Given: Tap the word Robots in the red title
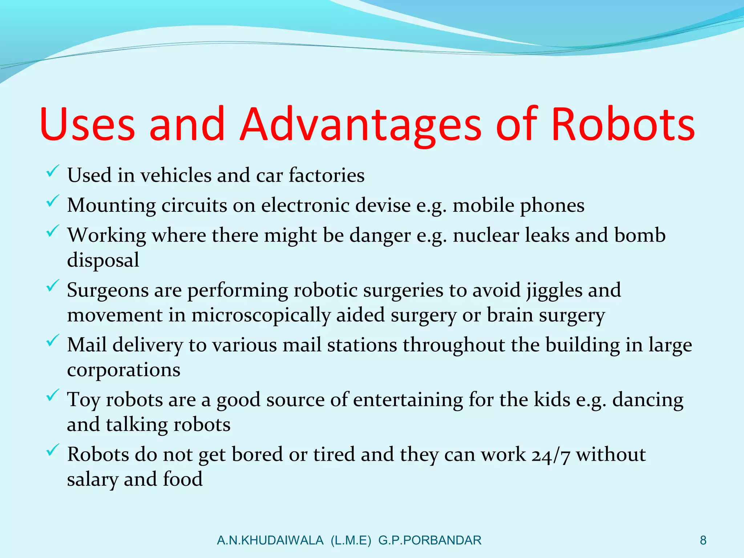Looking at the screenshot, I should [x=623, y=124].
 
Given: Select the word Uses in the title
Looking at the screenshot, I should [x=87, y=124].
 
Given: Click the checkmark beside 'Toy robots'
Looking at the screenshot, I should [x=53, y=395].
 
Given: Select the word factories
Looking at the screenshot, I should [x=327, y=175].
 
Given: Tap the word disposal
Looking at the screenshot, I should [x=103, y=260].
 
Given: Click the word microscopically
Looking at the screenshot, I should [x=260, y=315].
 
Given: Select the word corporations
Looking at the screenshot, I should [x=124, y=370].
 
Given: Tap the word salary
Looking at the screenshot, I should [x=93, y=480].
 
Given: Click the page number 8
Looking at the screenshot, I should [x=703, y=541].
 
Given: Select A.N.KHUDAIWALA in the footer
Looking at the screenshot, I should [x=270, y=541].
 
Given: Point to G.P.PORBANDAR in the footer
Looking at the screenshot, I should [x=429, y=541].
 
